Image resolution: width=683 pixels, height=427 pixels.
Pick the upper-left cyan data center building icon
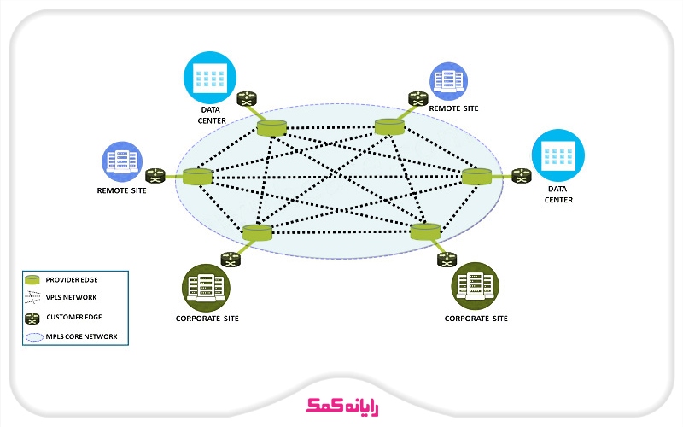click(209, 79)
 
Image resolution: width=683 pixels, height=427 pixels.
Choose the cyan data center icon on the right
click(557, 155)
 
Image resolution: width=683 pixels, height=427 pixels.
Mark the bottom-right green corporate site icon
click(475, 285)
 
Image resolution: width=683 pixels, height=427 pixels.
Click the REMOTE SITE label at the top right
click(453, 109)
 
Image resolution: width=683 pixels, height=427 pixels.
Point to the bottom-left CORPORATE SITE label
click(207, 319)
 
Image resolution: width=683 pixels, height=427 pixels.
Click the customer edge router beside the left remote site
click(155, 176)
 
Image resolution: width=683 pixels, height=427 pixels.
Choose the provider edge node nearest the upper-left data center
click(271, 128)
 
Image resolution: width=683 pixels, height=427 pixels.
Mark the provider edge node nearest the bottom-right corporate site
click(424, 231)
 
